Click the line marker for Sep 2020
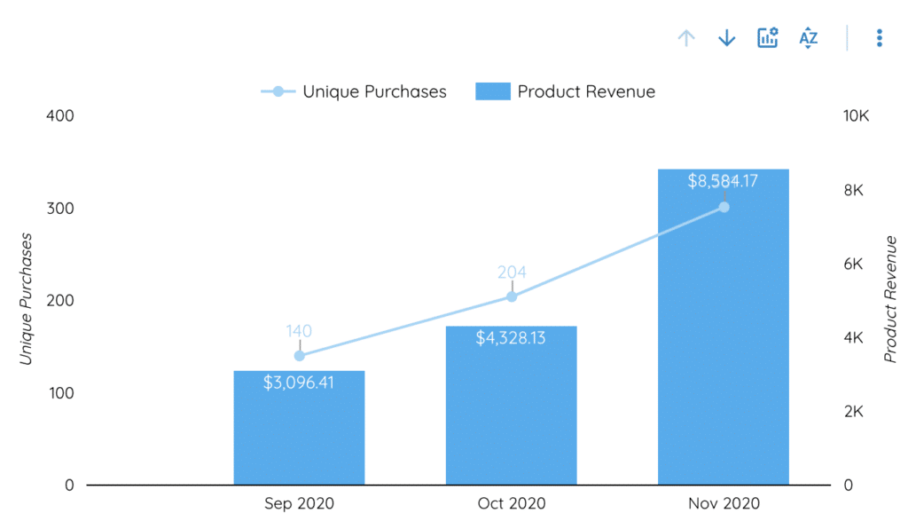pos(299,356)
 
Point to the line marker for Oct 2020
pos(512,296)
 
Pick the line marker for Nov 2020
pos(724,207)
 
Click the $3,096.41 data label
pos(299,383)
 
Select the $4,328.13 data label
pos(511,338)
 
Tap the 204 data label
pos(512,272)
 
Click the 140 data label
pos(299,331)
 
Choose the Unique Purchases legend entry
pos(355,91)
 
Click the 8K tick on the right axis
pos(852,191)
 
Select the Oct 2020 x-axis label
pos(511,503)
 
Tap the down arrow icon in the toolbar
pos(726,38)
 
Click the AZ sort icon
pos(808,38)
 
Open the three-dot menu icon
pos(879,38)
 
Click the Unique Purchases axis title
pos(27,299)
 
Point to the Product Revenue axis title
pos(890,299)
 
